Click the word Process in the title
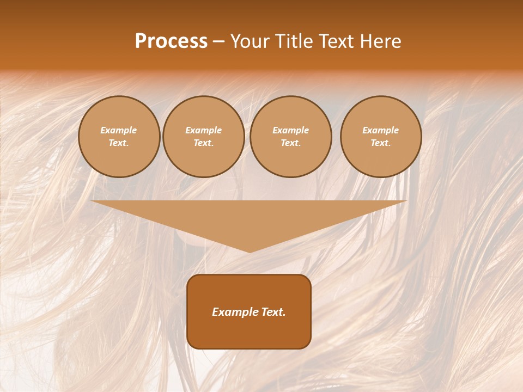pos(171,41)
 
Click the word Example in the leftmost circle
pos(119,130)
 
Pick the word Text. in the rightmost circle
pos(380,143)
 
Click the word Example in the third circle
pos(290,130)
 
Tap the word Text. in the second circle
pos(203,143)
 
